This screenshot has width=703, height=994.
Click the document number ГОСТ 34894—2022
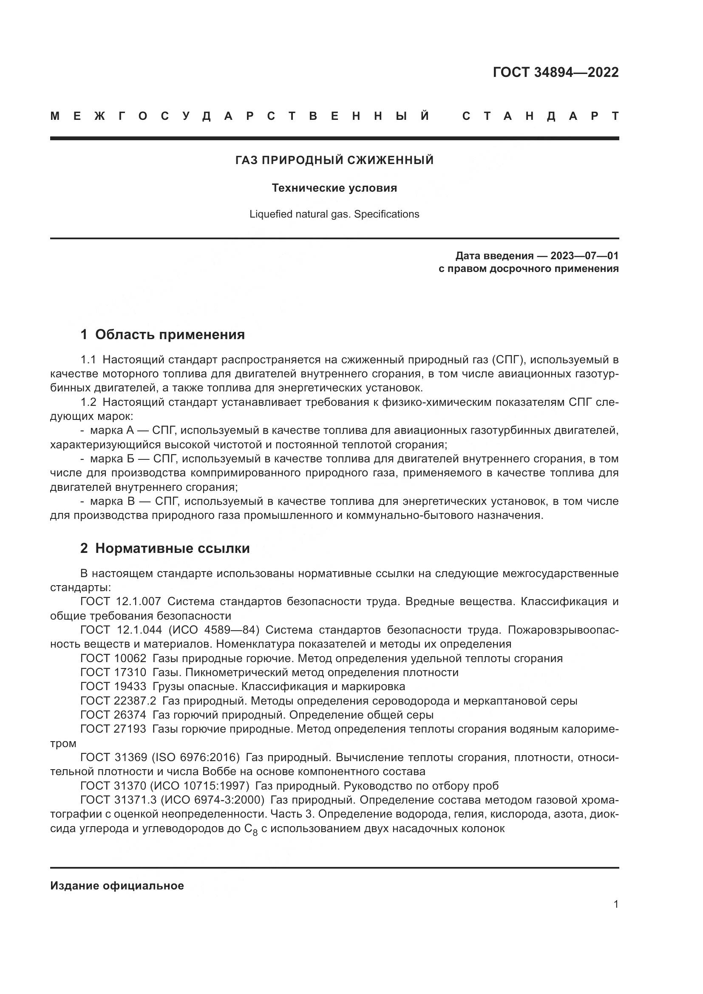[556, 72]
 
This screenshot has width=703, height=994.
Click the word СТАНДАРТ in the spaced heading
[540, 116]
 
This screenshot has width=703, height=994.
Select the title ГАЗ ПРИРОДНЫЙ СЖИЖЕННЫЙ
[334, 161]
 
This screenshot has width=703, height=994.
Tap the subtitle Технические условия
[334, 188]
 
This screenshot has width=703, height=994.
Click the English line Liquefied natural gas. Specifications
[334, 214]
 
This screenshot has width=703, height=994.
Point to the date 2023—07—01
[584, 256]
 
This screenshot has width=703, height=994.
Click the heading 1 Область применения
[162, 334]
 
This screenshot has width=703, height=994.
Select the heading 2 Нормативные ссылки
[165, 549]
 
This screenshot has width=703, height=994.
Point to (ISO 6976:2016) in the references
[196, 758]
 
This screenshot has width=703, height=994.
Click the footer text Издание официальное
[117, 886]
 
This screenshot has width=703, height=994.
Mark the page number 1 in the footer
[616, 904]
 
